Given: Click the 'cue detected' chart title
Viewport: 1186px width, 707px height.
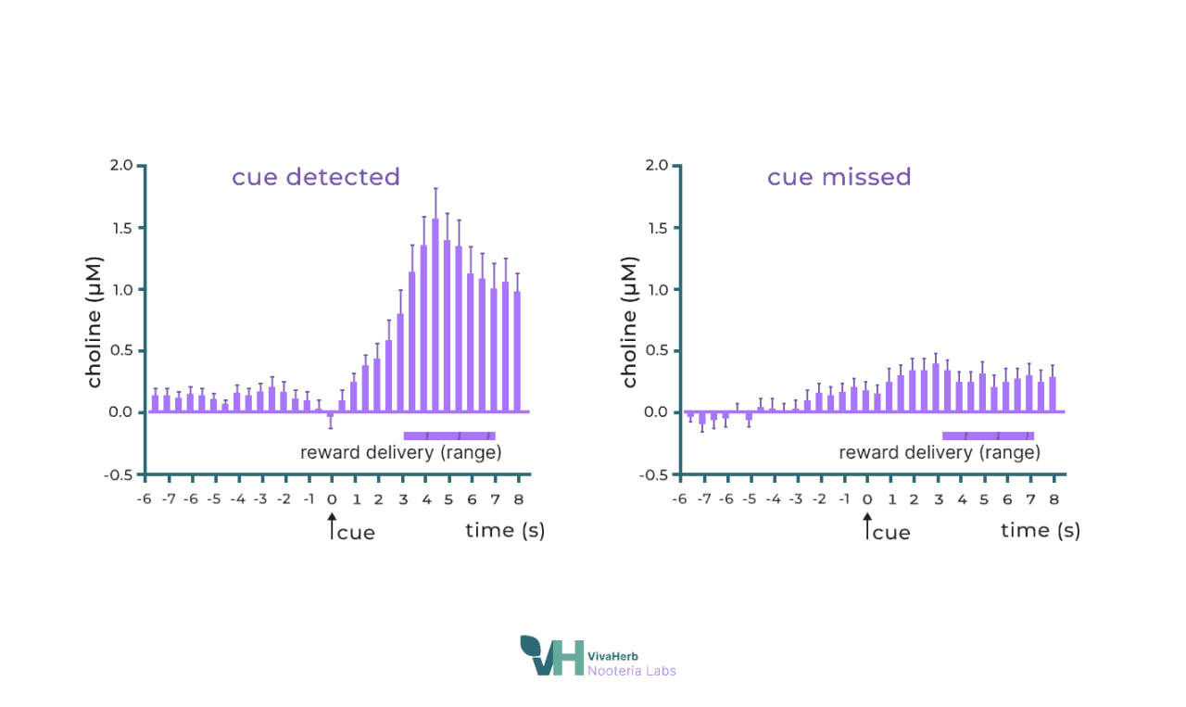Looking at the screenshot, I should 316,177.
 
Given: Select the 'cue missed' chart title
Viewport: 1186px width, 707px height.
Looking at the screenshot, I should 839,177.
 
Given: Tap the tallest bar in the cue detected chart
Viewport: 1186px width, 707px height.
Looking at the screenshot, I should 435,315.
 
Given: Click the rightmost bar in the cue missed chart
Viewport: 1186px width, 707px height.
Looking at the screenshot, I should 1053,395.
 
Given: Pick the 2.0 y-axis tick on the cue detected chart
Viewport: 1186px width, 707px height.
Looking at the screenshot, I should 121,166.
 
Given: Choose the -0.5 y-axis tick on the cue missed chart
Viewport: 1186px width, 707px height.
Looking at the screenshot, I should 654,474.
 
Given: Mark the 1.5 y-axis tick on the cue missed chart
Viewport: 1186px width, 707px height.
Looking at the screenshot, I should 657,228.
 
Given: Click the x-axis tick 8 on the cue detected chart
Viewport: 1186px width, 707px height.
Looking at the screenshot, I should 518,499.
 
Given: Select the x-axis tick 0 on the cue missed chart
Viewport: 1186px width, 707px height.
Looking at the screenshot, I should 867,499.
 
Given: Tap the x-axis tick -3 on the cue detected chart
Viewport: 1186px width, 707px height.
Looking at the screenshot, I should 260,499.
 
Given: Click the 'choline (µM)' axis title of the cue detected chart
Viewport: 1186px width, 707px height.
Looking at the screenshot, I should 95,321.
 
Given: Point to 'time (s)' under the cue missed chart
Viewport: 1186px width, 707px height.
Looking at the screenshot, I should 1040,530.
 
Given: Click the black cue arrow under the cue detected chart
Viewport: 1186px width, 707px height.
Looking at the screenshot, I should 331,528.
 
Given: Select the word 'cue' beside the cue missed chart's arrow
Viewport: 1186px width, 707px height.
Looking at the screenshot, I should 891,533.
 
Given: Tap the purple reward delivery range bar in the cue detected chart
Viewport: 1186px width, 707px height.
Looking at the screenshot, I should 449,436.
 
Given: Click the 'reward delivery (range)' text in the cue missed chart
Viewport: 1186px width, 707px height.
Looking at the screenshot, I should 940,453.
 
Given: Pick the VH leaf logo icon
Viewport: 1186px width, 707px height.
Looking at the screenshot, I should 551,655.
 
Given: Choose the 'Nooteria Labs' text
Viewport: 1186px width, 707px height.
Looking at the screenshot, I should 632,671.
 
